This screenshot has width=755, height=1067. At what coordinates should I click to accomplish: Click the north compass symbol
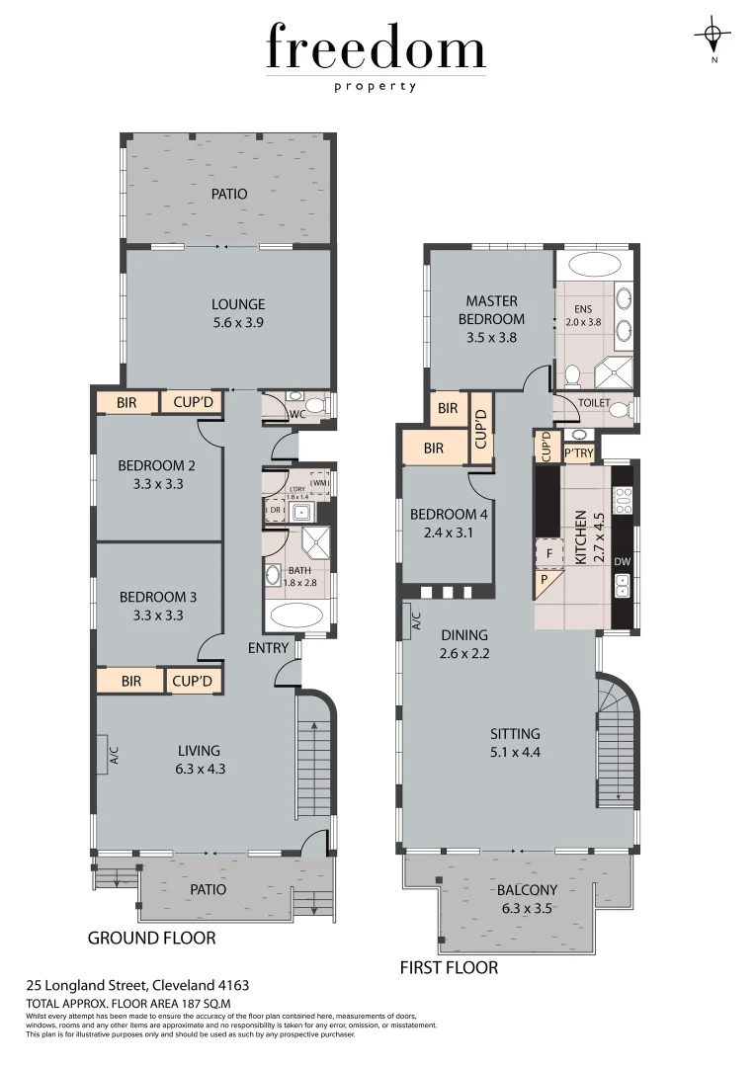point(712,39)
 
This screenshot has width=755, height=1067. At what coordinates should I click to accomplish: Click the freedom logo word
point(376,49)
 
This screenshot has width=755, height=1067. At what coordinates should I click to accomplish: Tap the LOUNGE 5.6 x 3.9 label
point(238,313)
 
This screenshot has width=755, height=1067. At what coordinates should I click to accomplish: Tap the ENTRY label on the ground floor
point(269,648)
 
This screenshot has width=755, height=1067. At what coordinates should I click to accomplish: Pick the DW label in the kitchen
point(622,561)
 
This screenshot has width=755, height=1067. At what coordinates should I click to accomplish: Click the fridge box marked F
point(546,552)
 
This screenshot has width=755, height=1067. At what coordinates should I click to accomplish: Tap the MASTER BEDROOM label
point(491,318)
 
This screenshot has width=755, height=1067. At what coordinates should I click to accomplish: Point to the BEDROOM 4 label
point(449,523)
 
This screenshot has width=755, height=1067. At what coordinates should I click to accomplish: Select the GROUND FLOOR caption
point(151,938)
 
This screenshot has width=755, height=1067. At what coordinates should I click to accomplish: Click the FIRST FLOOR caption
point(449,967)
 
